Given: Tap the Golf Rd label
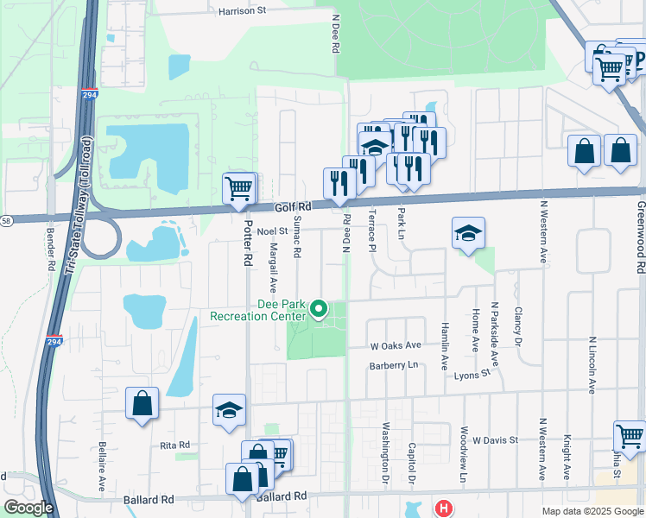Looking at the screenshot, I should click(292, 207).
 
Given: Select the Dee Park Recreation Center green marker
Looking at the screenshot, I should click(319, 308).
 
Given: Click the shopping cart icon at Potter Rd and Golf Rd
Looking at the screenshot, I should click(238, 187).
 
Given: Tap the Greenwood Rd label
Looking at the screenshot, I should click(640, 239).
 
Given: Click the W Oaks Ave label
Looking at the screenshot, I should click(396, 345).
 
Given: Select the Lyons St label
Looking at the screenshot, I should click(472, 375).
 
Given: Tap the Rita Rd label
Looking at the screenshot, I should click(174, 445).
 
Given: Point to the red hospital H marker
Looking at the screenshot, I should click(443, 509).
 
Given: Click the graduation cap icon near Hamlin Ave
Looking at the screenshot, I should click(468, 233).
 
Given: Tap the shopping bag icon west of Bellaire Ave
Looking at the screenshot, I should click(142, 403).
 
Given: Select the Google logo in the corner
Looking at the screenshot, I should click(28, 508).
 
